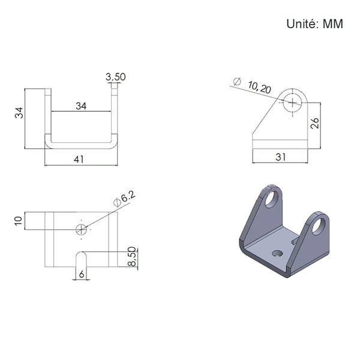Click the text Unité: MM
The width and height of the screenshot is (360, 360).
(314, 24)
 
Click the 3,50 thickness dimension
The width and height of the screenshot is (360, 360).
(115, 77)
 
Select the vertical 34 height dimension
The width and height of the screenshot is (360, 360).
(19, 113)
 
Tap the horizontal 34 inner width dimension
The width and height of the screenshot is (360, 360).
(81, 106)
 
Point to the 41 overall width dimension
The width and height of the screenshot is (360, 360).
(79, 160)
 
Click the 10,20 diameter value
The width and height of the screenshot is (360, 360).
(259, 88)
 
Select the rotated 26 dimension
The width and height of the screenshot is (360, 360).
(314, 123)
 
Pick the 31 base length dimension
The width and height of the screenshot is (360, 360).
(281, 157)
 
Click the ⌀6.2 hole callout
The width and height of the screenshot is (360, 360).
(125, 199)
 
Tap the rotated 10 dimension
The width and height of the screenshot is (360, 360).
(19, 221)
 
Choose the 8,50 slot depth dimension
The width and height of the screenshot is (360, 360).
(132, 256)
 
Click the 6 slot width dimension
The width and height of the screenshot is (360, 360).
(82, 274)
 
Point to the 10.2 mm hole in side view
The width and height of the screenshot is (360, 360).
(292, 103)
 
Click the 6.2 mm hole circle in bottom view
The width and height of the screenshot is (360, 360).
(81, 229)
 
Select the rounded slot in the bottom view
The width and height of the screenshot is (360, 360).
(81, 259)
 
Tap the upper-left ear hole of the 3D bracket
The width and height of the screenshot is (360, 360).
(272, 199)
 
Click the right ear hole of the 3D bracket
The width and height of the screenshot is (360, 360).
(319, 226)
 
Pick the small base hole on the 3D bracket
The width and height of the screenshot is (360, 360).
(277, 254)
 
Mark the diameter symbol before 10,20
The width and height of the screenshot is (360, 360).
(237, 82)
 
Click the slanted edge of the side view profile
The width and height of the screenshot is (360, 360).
(266, 114)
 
